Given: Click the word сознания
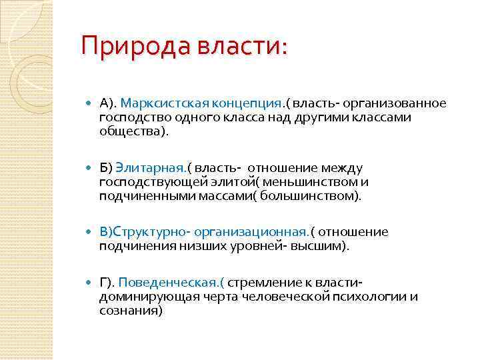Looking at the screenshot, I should click(129, 311).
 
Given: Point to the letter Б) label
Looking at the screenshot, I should click(106, 168).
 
